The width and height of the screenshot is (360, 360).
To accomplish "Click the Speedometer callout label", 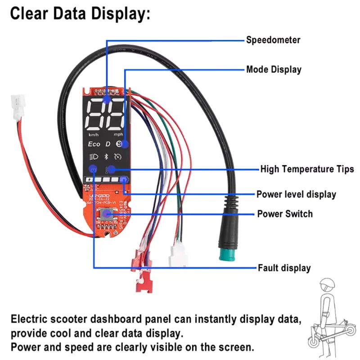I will [x=273, y=40].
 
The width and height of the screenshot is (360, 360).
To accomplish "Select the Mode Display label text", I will [x=274, y=70].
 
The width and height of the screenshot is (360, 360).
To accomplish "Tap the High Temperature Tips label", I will [x=307, y=169].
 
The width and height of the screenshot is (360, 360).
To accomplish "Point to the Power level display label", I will [x=296, y=194].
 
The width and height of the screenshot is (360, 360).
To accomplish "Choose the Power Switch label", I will [x=284, y=214].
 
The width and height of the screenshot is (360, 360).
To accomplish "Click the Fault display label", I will [x=284, y=268].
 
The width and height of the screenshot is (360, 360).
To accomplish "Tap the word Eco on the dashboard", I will [x=94, y=144].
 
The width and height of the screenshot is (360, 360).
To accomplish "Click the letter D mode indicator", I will [x=108, y=144].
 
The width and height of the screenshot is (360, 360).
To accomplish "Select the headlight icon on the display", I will [x=94, y=157].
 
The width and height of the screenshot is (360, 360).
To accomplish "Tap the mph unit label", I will [x=118, y=135].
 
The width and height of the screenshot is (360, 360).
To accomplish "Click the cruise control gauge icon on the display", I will [x=118, y=157].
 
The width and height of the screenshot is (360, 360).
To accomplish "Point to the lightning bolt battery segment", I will [x=125, y=180].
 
